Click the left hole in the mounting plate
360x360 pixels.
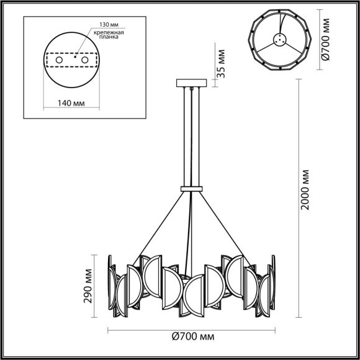60,60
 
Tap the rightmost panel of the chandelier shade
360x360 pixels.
271,282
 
